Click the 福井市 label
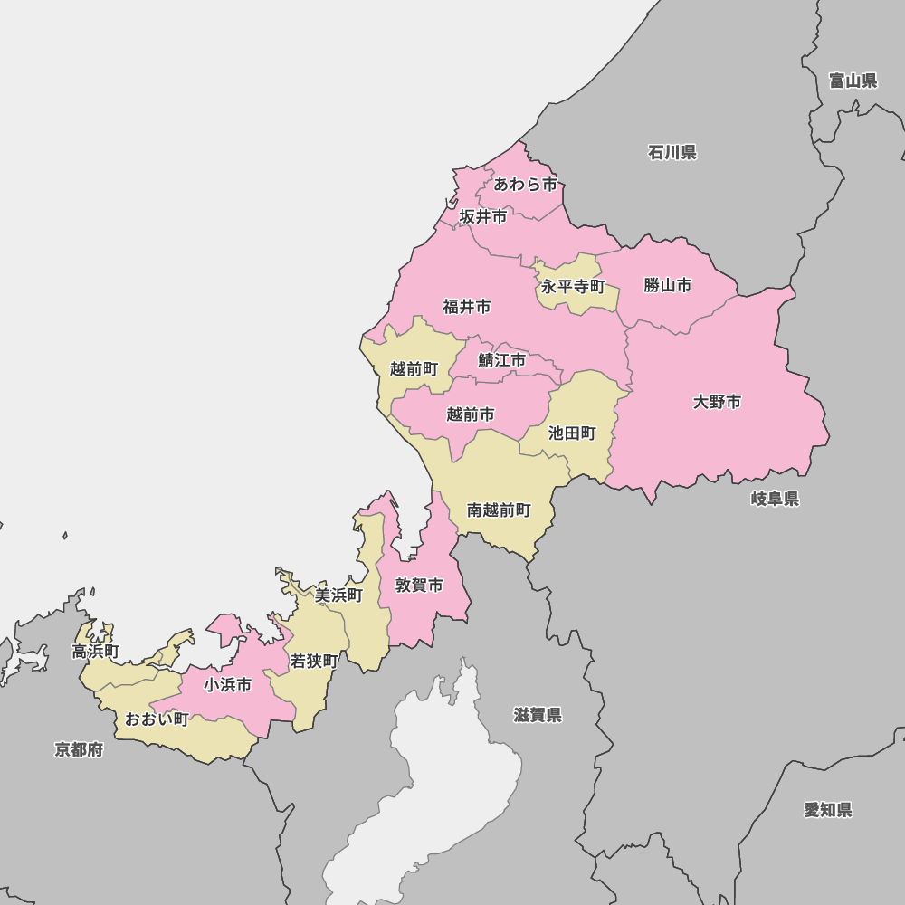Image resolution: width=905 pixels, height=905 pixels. tap(467, 307)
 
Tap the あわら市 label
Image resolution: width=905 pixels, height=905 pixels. tap(526, 185)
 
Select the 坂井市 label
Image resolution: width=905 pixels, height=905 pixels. tap(483, 217)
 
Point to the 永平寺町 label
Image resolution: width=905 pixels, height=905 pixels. tap(573, 287)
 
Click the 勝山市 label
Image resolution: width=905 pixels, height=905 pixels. tap(668, 286)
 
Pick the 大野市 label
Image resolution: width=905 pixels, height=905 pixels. tap(717, 402)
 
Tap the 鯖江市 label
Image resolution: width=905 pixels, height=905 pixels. tap(502, 360)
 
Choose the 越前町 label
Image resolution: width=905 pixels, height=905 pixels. tap(414, 369)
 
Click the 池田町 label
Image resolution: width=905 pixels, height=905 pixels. tap(572, 433)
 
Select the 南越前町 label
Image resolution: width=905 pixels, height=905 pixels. tap(499, 510)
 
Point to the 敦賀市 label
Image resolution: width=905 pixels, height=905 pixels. tap(419, 586)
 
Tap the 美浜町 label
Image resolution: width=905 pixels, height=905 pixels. tap(338, 595)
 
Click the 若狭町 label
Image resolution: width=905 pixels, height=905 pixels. tap(314, 662)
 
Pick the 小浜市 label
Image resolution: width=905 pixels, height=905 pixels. tap(227, 685)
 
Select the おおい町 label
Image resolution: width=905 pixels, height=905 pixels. tap(157, 719)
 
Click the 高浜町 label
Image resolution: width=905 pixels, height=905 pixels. tap(96, 652)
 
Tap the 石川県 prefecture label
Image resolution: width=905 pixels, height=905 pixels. tap(672, 152)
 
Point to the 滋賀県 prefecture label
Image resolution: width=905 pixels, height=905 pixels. tap(538, 716)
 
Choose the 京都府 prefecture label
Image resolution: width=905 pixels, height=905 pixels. tap(79, 749)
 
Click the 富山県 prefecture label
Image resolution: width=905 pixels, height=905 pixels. tap(853, 81)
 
